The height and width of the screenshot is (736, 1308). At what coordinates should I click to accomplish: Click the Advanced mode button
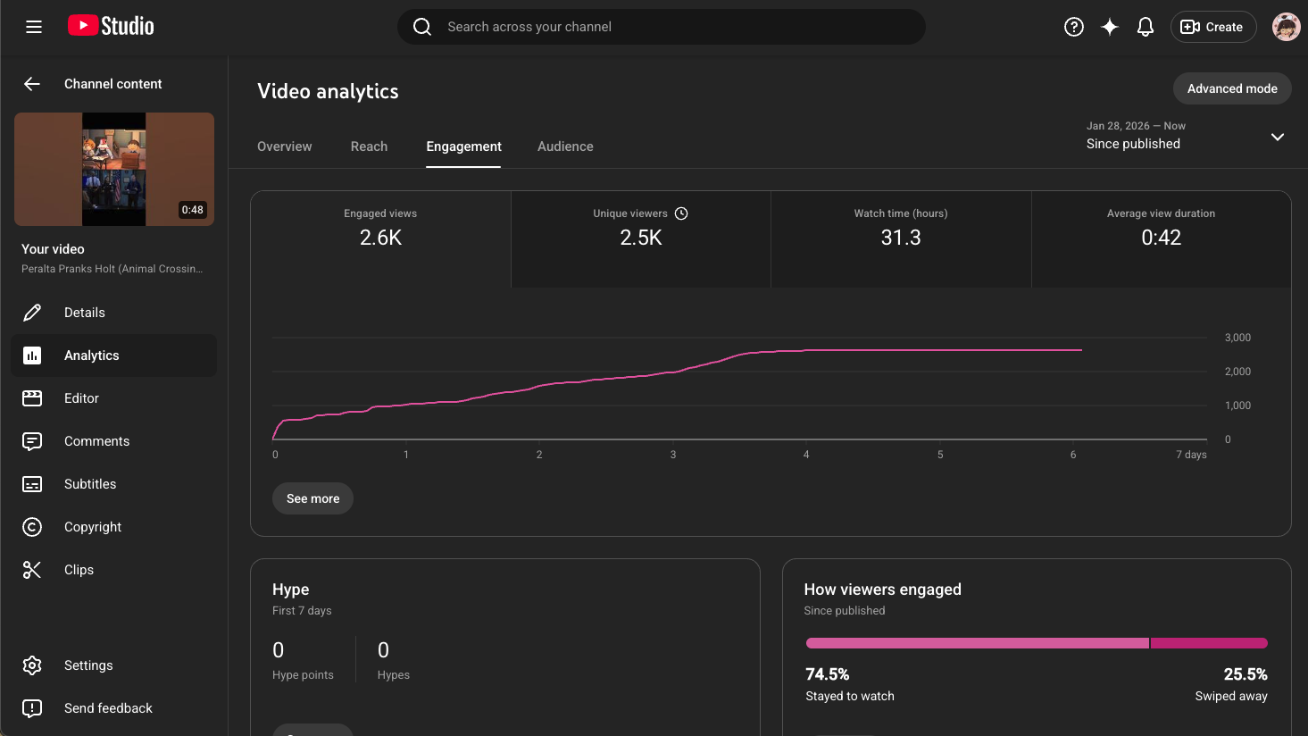(1231, 88)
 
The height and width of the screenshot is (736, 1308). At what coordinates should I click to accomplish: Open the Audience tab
(565, 146)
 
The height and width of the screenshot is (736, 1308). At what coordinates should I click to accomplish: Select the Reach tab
(369, 146)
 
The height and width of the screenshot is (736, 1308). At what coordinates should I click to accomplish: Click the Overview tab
(285, 146)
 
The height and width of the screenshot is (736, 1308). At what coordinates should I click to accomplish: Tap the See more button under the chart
(312, 498)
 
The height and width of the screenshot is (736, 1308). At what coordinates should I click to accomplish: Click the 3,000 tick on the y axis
(1237, 338)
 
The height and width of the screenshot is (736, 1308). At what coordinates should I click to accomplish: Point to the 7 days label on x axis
(1191, 455)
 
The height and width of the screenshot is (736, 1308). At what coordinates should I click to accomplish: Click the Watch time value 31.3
(900, 238)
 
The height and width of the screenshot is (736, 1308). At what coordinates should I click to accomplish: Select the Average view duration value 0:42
(1161, 238)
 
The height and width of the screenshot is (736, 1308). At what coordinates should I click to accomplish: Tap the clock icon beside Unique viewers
(681, 213)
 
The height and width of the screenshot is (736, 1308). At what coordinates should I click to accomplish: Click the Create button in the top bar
(1212, 27)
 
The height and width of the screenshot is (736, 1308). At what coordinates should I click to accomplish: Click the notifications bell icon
(1145, 27)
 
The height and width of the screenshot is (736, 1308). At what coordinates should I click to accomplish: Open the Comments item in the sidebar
(96, 441)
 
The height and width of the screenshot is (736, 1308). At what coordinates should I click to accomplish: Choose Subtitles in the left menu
(90, 484)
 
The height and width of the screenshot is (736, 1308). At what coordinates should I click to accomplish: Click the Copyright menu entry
(93, 527)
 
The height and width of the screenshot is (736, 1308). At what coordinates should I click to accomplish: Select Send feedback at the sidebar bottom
(108, 708)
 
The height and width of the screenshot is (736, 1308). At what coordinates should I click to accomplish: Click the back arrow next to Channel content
(32, 84)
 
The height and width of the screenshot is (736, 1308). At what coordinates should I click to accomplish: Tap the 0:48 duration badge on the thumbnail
(192, 210)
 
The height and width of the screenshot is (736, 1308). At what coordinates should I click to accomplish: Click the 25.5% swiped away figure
(1245, 674)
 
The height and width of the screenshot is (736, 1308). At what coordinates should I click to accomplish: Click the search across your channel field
(661, 27)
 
